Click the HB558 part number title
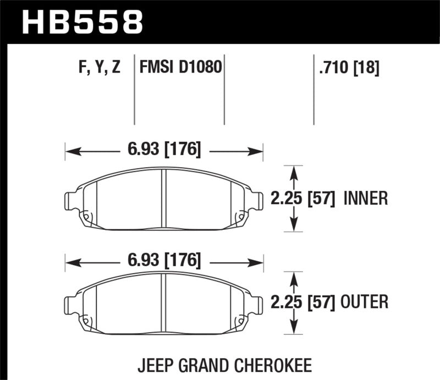click(81, 23)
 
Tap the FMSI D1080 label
click(180, 68)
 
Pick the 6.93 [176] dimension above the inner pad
click(164, 149)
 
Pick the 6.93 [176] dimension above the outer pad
click(164, 259)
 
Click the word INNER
click(365, 198)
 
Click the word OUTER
click(365, 302)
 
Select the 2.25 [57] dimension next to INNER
click(303, 198)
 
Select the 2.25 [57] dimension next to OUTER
click(303, 302)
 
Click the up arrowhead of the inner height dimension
click(296, 171)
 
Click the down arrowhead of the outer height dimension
click(296, 329)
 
